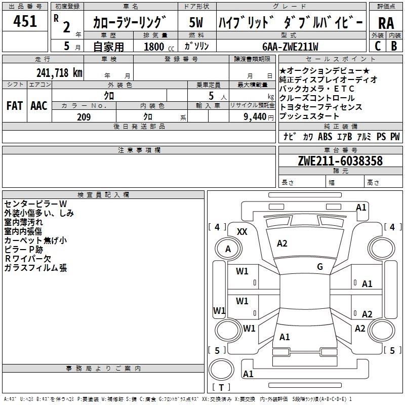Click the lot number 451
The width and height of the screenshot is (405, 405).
click(x=25, y=21)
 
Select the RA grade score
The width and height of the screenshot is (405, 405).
click(x=386, y=23)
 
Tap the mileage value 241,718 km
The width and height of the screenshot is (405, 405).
click(x=59, y=73)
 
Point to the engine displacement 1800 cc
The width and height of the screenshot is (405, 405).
click(x=159, y=47)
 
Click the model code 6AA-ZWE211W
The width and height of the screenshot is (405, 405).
click(x=290, y=47)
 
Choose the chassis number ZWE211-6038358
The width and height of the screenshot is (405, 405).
click(x=340, y=160)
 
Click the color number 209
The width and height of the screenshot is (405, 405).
click(x=84, y=117)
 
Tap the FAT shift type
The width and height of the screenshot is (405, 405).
click(x=15, y=106)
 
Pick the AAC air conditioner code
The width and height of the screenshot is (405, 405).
click(x=39, y=106)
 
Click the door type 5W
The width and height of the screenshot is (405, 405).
click(x=196, y=22)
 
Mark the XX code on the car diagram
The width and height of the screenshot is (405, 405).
click(x=242, y=232)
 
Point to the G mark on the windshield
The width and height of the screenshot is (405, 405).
click(x=320, y=266)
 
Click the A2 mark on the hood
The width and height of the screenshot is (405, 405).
click(x=282, y=244)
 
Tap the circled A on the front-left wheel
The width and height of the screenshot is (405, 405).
click(x=228, y=249)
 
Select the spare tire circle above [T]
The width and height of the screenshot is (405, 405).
click(x=221, y=370)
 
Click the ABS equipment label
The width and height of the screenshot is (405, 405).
click(x=325, y=136)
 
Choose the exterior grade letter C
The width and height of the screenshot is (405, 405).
click(x=378, y=46)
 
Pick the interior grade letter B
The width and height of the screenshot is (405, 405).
click(x=394, y=46)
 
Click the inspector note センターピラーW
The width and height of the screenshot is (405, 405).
click(x=35, y=204)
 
